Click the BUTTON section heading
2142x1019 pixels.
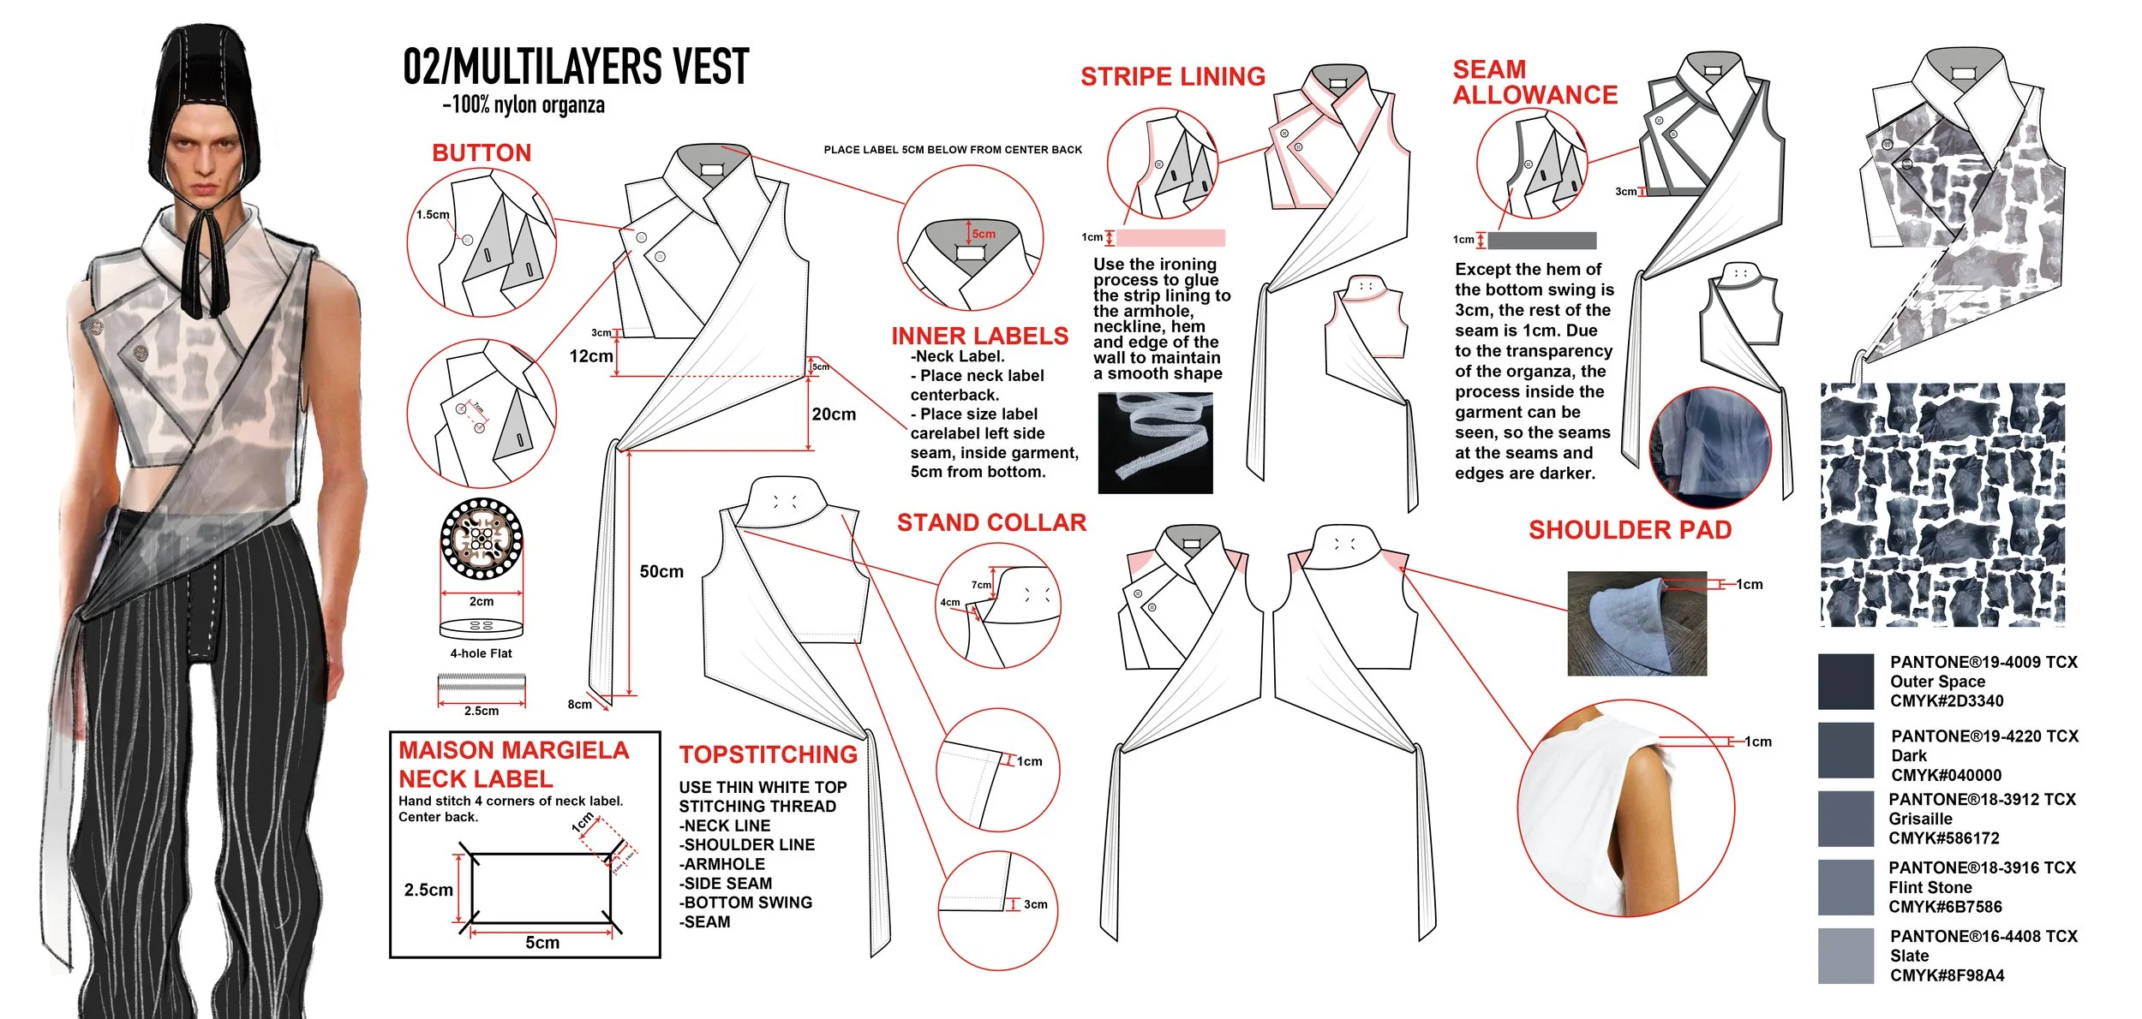[482, 153]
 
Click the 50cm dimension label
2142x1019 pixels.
[661, 572]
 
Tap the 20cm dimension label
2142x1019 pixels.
[834, 414]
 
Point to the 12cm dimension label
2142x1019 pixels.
[591, 356]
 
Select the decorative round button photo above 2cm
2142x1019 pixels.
[482, 539]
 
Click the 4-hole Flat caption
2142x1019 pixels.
[481, 653]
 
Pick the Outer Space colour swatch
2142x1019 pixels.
[1846, 682]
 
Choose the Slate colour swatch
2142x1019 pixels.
[1846, 956]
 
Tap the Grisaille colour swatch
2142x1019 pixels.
[1846, 819]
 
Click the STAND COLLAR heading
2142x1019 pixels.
[991, 523]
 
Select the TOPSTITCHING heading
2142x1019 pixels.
[768, 754]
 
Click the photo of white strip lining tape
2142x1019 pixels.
[1155, 443]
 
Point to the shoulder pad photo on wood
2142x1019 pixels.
[1636, 623]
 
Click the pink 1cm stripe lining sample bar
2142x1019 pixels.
[1170, 238]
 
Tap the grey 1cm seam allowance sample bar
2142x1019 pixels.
[1541, 241]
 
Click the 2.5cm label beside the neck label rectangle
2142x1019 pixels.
[428, 890]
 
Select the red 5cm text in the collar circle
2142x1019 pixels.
[984, 234]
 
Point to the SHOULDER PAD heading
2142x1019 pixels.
[1630, 531]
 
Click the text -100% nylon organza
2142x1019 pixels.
[524, 105]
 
